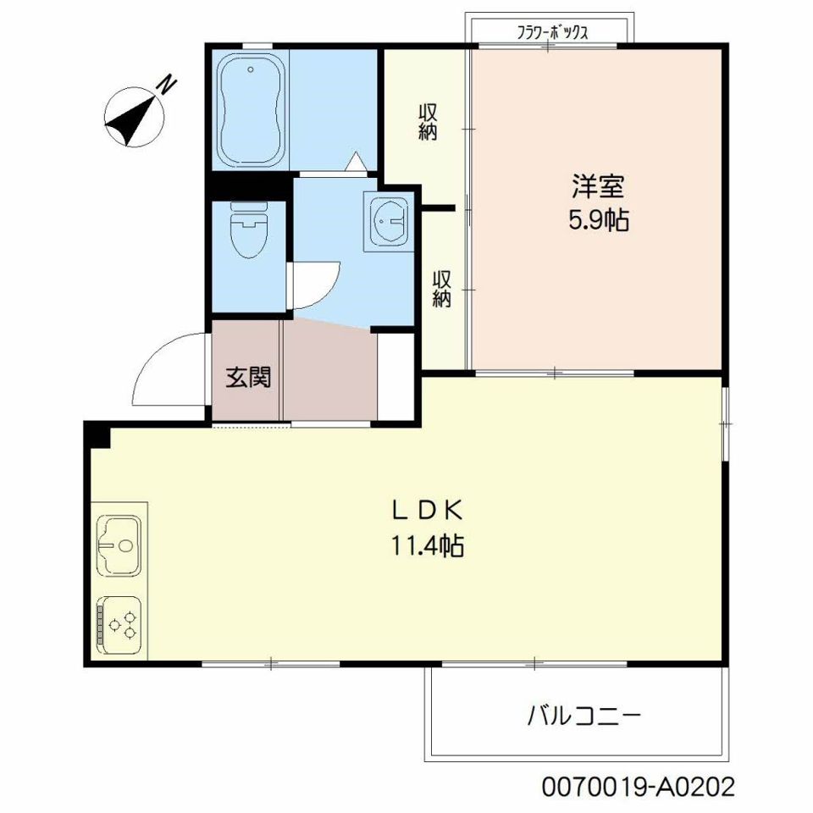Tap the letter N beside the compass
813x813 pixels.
pos(168,86)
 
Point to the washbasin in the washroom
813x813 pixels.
pos(389,221)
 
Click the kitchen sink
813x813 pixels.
pos(119,545)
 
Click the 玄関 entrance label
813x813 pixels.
pos(247,378)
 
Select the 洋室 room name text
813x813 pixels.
pos(598,186)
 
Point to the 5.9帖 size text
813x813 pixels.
pos(598,221)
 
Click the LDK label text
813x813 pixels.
pos(426,510)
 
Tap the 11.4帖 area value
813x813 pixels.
pos(426,546)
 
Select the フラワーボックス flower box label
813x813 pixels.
pos(552,33)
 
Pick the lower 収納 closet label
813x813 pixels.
pos(442,289)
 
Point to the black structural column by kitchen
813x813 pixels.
pos(97,434)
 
